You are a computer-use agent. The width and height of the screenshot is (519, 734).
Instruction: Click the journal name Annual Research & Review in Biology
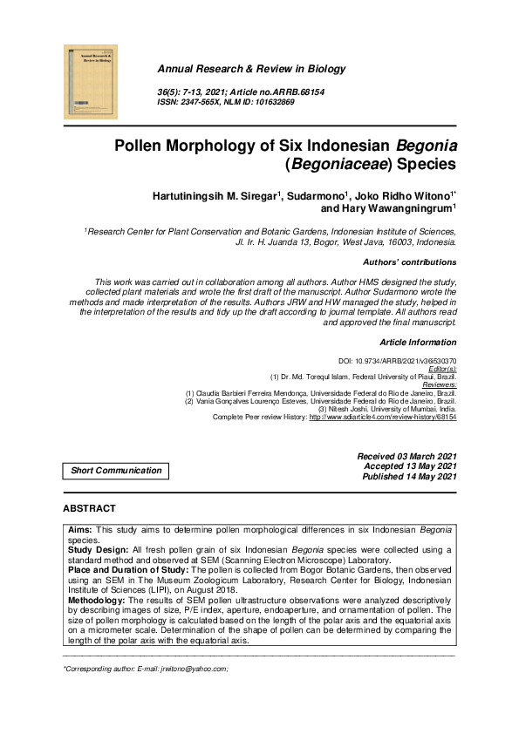[x=250, y=69]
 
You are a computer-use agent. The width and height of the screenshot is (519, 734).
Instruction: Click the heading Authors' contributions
[x=408, y=262]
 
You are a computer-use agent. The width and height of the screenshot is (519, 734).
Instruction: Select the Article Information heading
[x=418, y=343]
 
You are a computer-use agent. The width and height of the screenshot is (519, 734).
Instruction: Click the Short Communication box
[x=116, y=471]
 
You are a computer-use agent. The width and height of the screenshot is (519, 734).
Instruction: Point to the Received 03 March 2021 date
[x=406, y=457]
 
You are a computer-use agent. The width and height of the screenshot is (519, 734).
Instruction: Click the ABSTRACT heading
[x=89, y=508]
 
